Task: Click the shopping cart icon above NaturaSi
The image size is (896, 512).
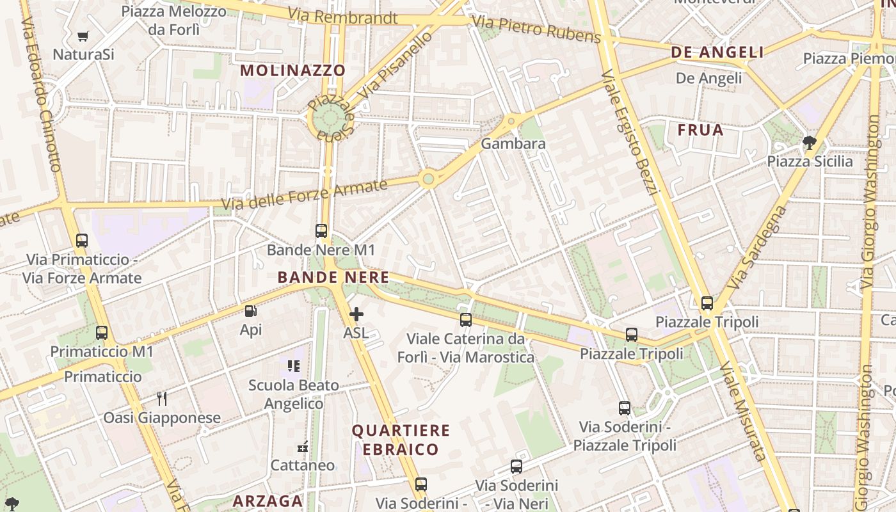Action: (x=83, y=36)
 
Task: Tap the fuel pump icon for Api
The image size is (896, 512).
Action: (x=251, y=312)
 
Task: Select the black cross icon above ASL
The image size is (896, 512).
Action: (x=356, y=314)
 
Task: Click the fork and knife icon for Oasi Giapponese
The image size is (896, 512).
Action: (x=162, y=399)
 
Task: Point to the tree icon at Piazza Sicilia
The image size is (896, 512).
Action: (x=810, y=142)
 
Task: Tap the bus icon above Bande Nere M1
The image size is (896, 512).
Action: (x=321, y=231)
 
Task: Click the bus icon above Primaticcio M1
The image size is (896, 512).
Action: (x=102, y=333)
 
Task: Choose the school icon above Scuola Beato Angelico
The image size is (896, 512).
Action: (x=294, y=366)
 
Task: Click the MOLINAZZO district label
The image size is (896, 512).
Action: (x=293, y=70)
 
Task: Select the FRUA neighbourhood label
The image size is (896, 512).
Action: (x=701, y=130)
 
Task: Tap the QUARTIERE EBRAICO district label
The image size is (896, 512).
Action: (x=401, y=440)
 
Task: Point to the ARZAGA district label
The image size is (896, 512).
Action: (x=268, y=500)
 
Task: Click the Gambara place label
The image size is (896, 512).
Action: (x=513, y=143)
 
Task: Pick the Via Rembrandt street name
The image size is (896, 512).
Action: (x=342, y=16)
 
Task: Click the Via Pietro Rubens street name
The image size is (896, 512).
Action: (x=536, y=29)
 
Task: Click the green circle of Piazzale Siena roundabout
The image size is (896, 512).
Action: (x=330, y=118)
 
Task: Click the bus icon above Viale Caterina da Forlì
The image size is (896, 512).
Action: (x=466, y=320)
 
